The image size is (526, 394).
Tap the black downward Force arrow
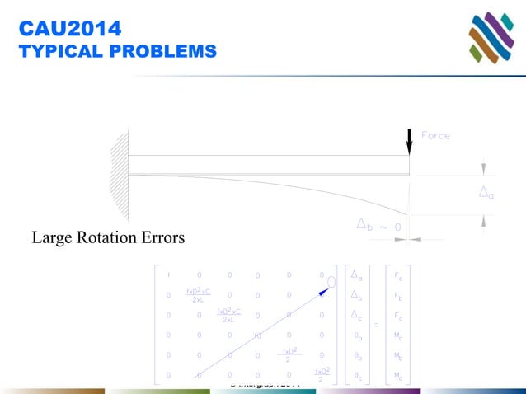409,140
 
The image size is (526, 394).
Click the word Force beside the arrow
435,134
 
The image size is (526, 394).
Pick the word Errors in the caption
162,239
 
